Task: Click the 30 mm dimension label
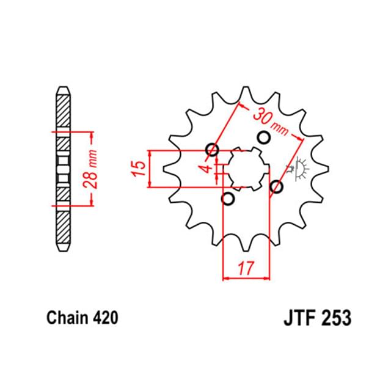[x=271, y=122]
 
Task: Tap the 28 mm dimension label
[x=90, y=169]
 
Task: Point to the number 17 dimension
[x=246, y=268]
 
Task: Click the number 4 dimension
[x=206, y=169]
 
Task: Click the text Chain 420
[x=82, y=318]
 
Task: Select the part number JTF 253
[x=318, y=318]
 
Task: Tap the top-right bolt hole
[x=263, y=137]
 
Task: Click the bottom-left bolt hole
[x=228, y=199]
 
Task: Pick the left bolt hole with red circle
[x=213, y=150]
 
